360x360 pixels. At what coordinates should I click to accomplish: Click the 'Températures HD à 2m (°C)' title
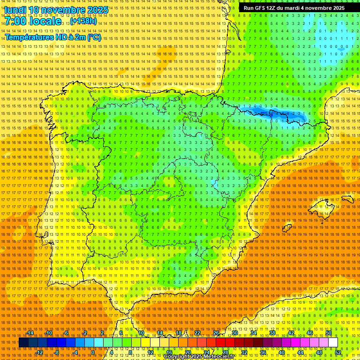[x=52, y=37]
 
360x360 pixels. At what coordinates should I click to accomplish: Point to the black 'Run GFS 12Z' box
[x=293, y=8]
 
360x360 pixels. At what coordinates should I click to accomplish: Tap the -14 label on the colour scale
[x=30, y=333]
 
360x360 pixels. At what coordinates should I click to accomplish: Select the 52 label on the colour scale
[x=338, y=352]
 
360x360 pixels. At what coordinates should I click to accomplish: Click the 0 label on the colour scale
[x=93, y=352]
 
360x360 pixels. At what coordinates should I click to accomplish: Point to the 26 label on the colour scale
[x=216, y=333]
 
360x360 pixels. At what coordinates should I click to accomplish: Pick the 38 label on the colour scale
[x=272, y=333]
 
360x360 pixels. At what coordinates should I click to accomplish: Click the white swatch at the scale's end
[x=333, y=343]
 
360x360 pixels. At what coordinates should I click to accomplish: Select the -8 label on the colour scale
[x=57, y=352]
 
